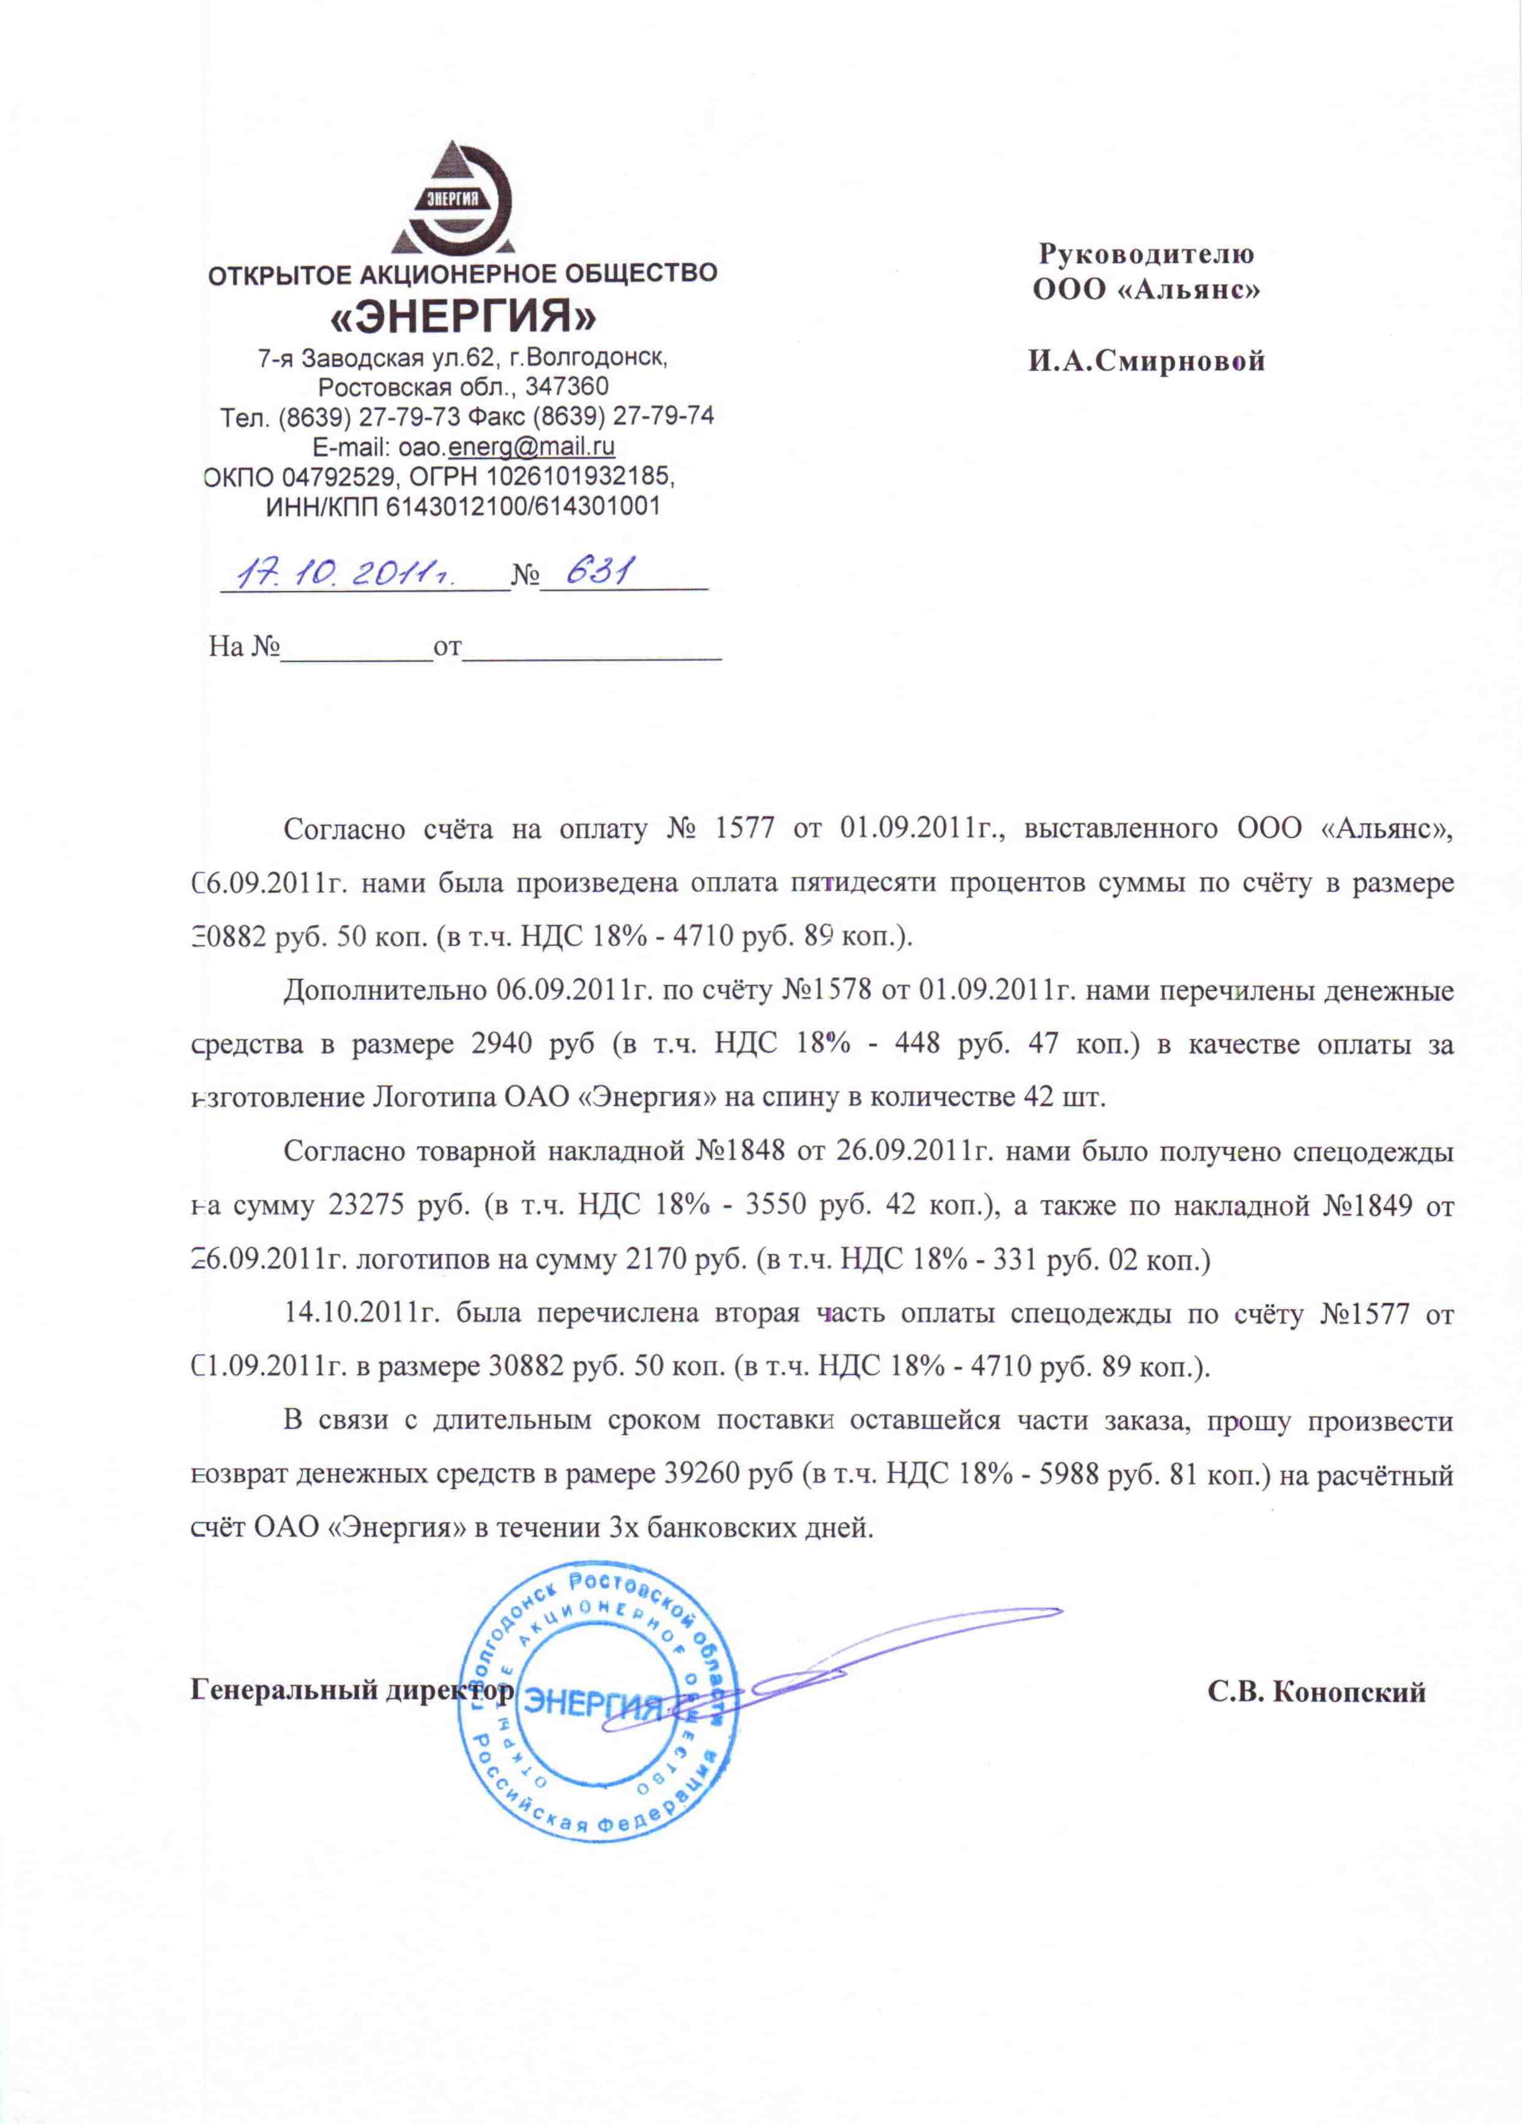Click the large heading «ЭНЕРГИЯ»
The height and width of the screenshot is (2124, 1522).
[x=464, y=318]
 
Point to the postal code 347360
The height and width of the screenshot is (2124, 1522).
[x=566, y=387]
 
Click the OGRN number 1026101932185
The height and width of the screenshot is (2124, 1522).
[x=581, y=476]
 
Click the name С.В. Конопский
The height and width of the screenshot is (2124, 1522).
[x=1316, y=1692]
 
